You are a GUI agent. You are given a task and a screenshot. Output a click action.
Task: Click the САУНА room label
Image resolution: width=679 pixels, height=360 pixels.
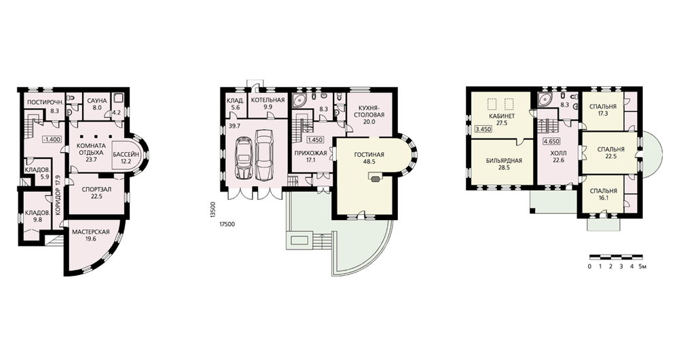point(97,101)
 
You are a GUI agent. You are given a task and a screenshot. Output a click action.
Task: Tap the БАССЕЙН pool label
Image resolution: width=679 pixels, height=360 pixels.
point(126,154)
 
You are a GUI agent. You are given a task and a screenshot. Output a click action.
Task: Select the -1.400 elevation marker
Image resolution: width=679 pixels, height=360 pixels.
point(52,139)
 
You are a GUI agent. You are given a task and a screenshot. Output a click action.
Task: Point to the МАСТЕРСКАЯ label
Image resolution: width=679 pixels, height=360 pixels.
point(90,232)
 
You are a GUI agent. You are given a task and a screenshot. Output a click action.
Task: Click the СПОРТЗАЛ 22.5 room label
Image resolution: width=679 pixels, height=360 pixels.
point(97,192)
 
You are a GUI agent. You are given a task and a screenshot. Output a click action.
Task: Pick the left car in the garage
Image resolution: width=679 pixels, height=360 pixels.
point(244,158)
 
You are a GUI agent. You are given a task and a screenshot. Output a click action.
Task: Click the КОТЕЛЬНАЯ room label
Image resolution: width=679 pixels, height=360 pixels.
point(268,100)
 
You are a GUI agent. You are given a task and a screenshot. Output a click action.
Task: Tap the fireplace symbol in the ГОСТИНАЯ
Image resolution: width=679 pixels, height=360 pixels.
point(375,177)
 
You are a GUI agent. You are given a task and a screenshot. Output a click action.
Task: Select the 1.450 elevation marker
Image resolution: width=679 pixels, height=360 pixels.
point(316,141)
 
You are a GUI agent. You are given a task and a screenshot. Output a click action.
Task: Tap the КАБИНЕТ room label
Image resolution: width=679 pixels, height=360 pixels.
point(502,117)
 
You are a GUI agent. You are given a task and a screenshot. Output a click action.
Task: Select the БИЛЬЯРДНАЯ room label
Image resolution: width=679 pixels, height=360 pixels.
point(504,161)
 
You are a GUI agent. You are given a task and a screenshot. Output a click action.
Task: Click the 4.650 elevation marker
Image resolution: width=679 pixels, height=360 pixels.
point(551,141)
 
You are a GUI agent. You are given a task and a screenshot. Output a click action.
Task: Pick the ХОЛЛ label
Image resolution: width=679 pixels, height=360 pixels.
point(558,154)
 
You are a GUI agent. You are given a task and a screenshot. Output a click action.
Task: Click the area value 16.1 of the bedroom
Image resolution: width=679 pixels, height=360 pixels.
point(603,198)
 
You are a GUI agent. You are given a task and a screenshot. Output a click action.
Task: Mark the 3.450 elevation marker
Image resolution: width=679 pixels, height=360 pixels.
point(483,129)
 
